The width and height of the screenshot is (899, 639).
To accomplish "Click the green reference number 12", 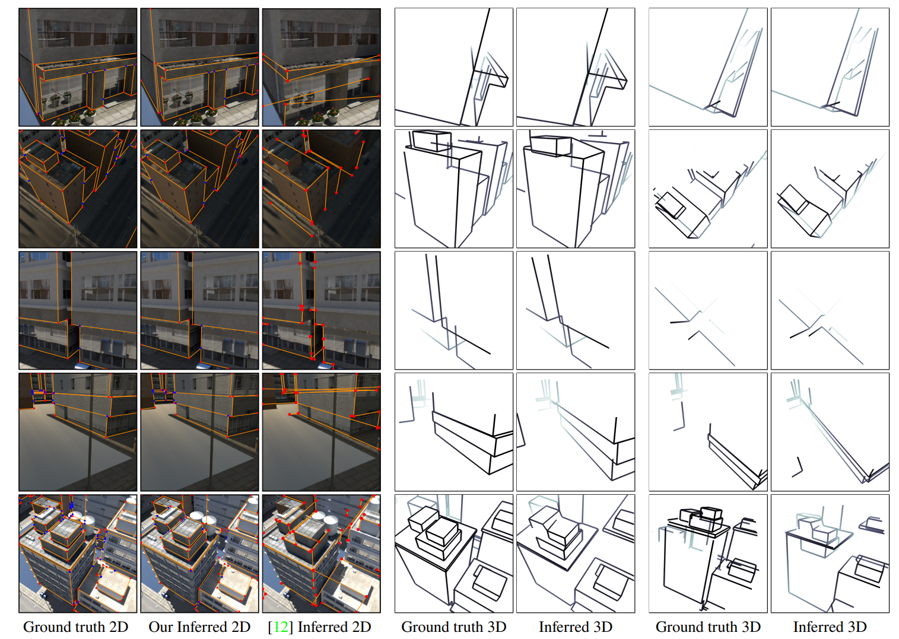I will tap(280, 627).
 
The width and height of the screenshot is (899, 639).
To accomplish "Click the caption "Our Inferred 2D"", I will tap(199, 627).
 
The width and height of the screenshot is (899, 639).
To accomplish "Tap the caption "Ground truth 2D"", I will tap(75, 627).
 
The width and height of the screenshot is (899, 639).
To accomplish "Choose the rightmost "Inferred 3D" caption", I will tap(830, 627).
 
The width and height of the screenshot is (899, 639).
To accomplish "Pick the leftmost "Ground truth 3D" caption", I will tap(454, 627).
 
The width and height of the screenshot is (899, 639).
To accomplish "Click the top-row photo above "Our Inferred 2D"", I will tap(199, 67).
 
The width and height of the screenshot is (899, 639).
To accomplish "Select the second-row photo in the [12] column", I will tap(321, 189).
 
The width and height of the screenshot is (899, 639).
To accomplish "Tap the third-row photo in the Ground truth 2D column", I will tap(78, 310).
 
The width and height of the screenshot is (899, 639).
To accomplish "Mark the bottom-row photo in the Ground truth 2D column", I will tap(78, 554).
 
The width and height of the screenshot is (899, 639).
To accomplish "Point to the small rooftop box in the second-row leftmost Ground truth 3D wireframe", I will tap(430, 141).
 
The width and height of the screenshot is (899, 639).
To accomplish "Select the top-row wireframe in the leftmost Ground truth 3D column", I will tap(454, 67).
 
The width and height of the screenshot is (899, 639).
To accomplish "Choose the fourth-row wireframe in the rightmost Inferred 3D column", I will tap(830, 432).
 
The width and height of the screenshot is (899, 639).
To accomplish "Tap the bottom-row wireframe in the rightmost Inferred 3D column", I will tap(830, 554).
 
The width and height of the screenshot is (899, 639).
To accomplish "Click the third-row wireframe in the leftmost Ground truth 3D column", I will tap(454, 310).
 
